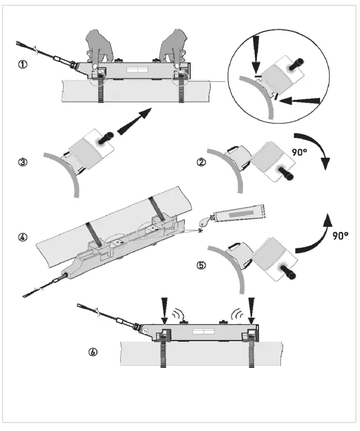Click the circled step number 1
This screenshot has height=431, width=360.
tap(22, 64)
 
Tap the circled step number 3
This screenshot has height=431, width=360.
tap(22, 163)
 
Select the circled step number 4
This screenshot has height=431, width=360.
tap(22, 236)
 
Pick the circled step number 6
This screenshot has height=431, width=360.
tap(93, 352)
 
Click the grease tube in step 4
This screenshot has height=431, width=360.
tap(240, 214)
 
